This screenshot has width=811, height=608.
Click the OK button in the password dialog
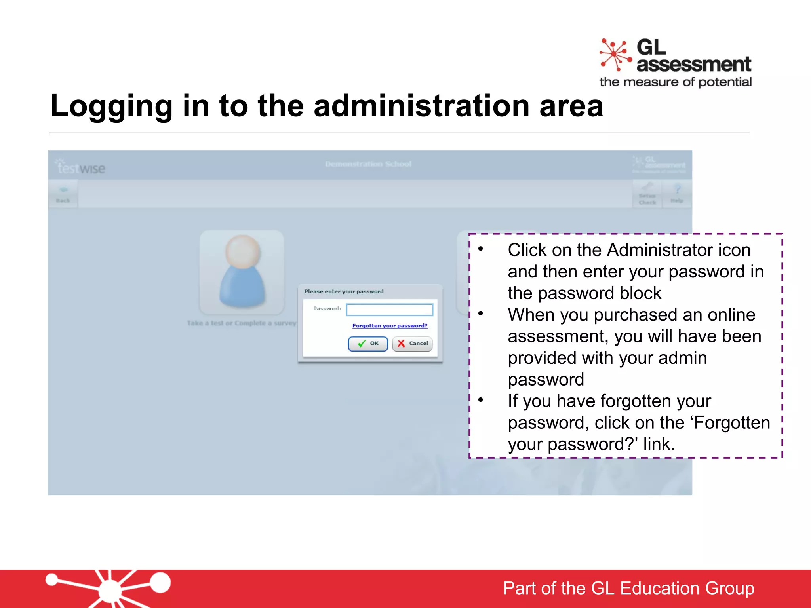click(x=367, y=344)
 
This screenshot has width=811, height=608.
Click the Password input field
click(x=389, y=310)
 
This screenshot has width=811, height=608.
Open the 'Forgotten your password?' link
click(x=390, y=326)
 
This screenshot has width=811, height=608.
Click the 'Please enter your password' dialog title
click(x=344, y=291)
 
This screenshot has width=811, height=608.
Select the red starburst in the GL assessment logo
click(x=615, y=55)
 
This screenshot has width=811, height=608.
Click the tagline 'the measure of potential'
click(x=675, y=82)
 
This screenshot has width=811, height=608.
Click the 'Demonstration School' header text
click(x=368, y=164)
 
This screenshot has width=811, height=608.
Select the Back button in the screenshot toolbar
click(x=63, y=194)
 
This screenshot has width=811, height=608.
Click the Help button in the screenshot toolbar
click(x=677, y=194)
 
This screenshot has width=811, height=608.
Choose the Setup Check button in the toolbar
click(x=647, y=194)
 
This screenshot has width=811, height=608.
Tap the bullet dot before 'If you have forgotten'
click(x=481, y=400)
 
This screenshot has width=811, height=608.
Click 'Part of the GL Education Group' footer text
click(x=628, y=588)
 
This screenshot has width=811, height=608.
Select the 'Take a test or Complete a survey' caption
click(x=242, y=323)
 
